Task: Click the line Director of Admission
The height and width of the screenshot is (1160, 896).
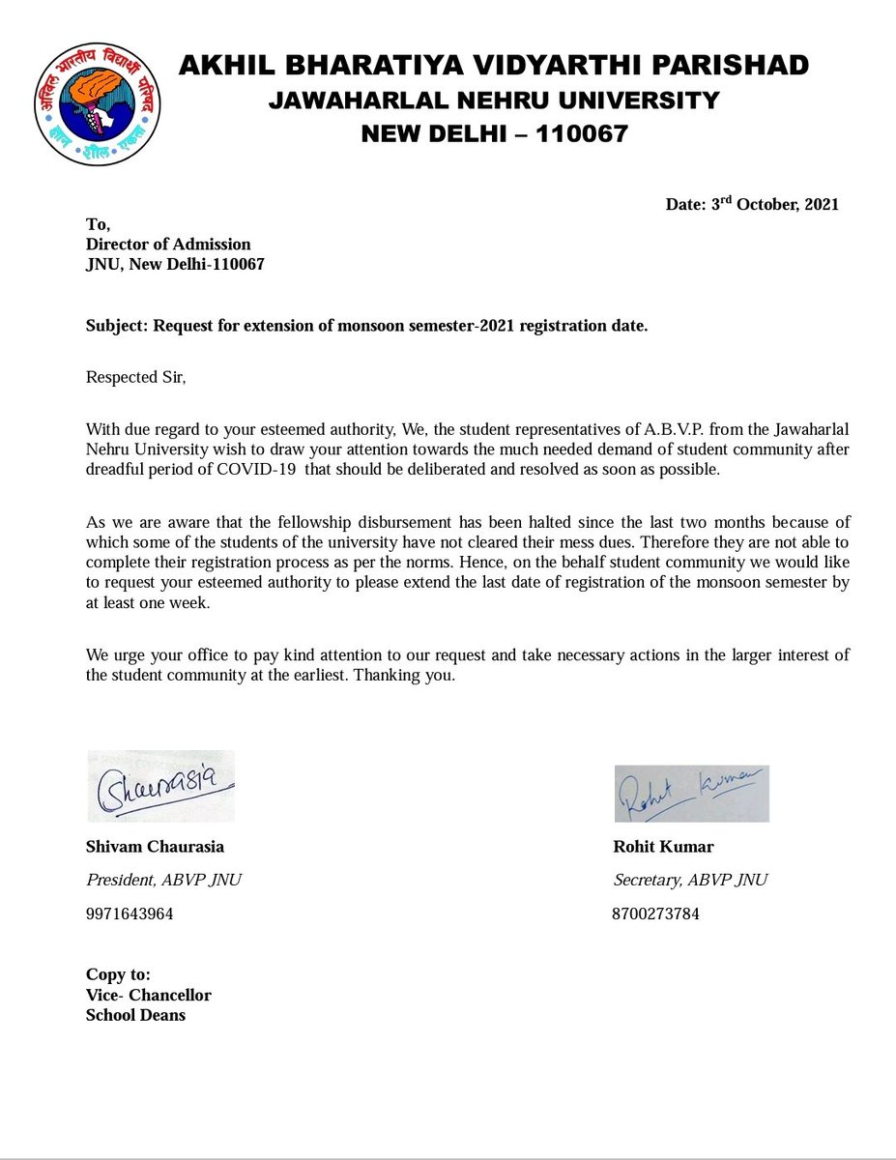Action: (x=168, y=244)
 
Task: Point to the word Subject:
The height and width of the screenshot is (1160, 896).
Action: (x=116, y=326)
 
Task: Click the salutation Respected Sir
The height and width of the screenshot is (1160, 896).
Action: (x=135, y=376)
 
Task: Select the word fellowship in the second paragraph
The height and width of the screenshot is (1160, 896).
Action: (x=286, y=523)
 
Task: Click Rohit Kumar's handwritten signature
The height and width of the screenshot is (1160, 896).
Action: (x=690, y=792)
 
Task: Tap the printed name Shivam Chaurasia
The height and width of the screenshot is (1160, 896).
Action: (x=155, y=847)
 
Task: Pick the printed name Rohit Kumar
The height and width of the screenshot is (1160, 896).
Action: (x=663, y=847)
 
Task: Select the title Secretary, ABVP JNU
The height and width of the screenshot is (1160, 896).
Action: (x=690, y=880)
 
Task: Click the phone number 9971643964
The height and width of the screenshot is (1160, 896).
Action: (x=130, y=913)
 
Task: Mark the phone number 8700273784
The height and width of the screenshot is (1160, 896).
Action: (x=655, y=913)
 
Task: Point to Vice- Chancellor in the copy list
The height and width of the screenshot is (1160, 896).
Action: (x=148, y=995)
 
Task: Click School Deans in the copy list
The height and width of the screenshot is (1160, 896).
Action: (x=135, y=1015)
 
